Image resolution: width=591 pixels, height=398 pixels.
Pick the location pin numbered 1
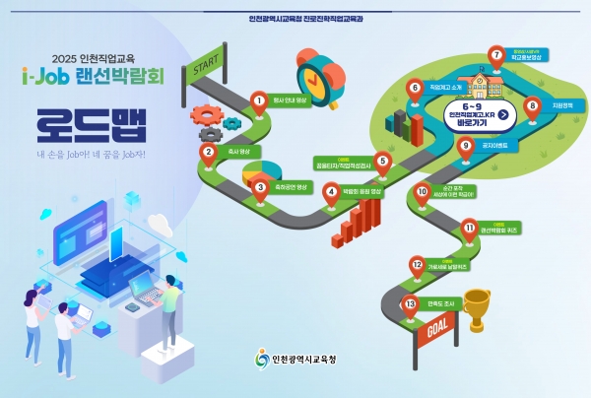259,100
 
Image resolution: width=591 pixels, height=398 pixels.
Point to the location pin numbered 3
261,187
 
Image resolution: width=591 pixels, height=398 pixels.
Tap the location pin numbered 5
381,162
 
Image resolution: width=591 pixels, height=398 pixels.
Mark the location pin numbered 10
423,193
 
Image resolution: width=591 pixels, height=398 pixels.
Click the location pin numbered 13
410,304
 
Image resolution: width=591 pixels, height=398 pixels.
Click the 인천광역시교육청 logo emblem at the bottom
261,361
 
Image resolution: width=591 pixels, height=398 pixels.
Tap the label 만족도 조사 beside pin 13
440,303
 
